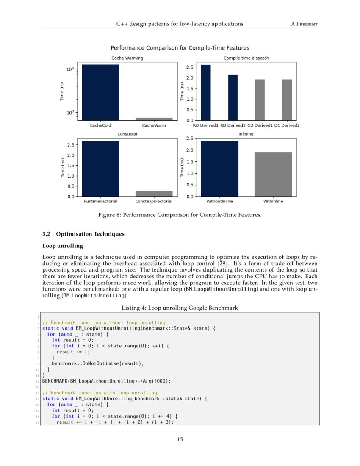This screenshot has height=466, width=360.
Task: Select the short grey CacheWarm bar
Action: (154, 119)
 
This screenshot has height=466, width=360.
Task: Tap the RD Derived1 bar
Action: (205, 93)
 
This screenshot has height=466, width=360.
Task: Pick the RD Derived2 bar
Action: (233, 97)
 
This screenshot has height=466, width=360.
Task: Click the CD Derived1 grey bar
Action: (260, 100)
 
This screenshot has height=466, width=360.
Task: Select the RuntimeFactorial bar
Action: (101, 169)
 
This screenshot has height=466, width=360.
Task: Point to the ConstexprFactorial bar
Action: (154, 194)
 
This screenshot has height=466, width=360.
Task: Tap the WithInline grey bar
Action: (273, 174)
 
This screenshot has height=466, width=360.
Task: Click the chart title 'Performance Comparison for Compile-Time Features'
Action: (180, 48)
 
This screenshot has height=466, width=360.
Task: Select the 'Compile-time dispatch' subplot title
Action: (246, 58)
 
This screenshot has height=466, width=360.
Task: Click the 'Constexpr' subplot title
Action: (125, 134)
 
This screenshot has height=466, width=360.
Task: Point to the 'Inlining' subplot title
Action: (246, 134)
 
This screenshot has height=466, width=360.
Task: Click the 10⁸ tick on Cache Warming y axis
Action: (70, 69)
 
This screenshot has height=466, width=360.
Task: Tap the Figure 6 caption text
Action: (180, 215)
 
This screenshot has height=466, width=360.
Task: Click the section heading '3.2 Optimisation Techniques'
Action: (83, 234)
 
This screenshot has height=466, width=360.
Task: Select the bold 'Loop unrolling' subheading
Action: (60, 246)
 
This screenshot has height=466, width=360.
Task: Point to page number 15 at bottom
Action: (180, 439)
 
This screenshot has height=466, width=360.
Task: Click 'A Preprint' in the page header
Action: (304, 24)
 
